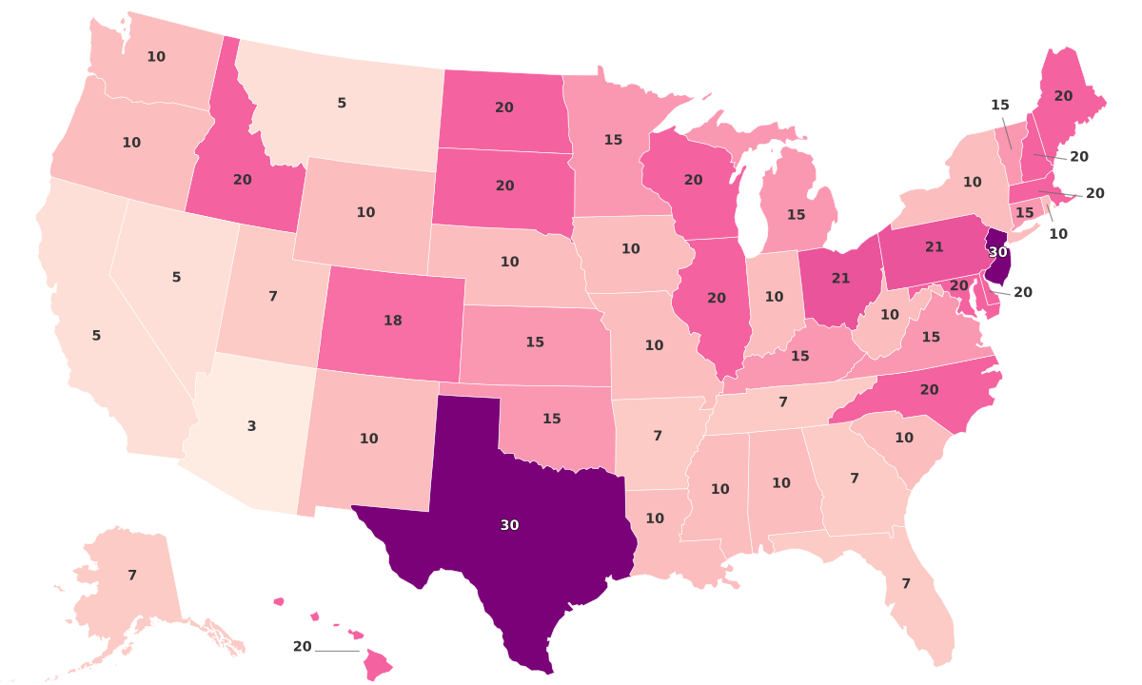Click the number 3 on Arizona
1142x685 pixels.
click(251, 426)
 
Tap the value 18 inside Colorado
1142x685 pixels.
click(392, 321)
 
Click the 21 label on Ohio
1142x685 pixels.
click(840, 278)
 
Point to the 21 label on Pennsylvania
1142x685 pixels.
click(934, 246)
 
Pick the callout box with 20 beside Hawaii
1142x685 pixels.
click(302, 647)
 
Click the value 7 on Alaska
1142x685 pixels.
click(132, 575)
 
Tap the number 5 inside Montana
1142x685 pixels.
click(342, 103)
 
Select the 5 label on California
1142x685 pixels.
click(96, 335)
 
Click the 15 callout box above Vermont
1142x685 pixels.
click(999, 106)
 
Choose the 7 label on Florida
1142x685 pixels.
click(906, 583)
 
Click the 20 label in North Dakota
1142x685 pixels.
click(504, 108)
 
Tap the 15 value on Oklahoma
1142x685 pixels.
click(551, 419)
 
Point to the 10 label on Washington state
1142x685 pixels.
click(156, 56)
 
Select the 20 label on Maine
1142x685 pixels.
click(1063, 96)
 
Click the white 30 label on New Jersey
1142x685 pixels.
click(997, 252)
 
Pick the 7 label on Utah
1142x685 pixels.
click(272, 296)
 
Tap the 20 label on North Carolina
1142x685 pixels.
click(929, 389)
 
